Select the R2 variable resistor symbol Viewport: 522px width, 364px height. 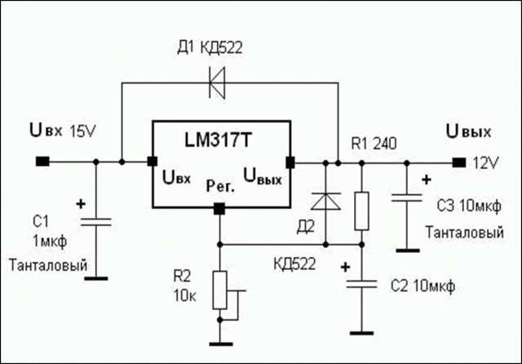click(220, 291)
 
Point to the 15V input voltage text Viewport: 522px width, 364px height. click(82, 131)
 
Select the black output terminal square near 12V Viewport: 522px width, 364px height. click(459, 162)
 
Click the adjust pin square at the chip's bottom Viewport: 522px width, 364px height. click(219, 209)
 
